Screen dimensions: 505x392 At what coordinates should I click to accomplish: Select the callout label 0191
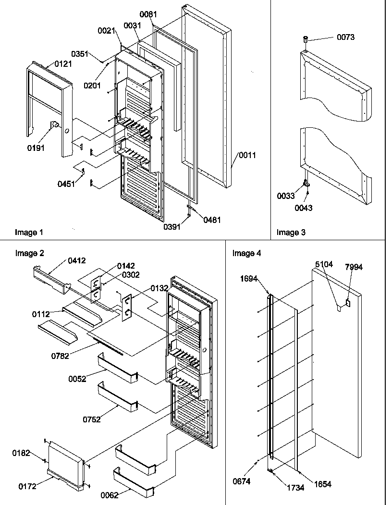pyautogui.click(x=36, y=148)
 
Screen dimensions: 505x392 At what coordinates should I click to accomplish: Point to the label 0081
pyautogui.click(x=148, y=15)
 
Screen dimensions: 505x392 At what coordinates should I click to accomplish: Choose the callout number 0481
pyautogui.click(x=212, y=220)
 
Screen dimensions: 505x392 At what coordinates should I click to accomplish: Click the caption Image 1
pyautogui.click(x=29, y=233)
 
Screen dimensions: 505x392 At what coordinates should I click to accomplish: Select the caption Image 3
pyautogui.click(x=291, y=233)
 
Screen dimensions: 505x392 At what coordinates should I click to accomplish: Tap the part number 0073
pyautogui.click(x=345, y=37)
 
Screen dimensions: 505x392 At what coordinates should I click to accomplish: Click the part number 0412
pyautogui.click(x=77, y=261)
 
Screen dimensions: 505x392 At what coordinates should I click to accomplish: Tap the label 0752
pyautogui.click(x=91, y=419)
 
